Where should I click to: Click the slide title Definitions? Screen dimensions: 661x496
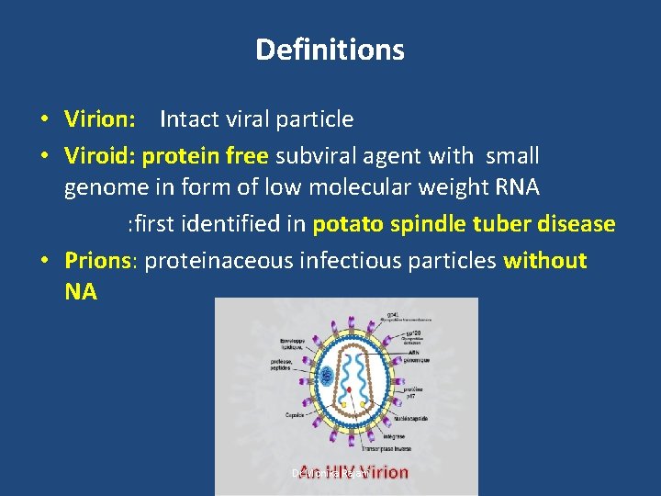pos(330,50)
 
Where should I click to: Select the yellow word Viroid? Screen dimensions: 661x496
pos(100,156)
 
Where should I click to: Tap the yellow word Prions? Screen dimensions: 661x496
pos(98,261)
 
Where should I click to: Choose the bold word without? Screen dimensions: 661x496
pos(545,261)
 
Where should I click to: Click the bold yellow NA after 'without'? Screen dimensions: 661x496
pos(80,292)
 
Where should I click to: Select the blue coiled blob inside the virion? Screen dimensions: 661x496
pos(327,374)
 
